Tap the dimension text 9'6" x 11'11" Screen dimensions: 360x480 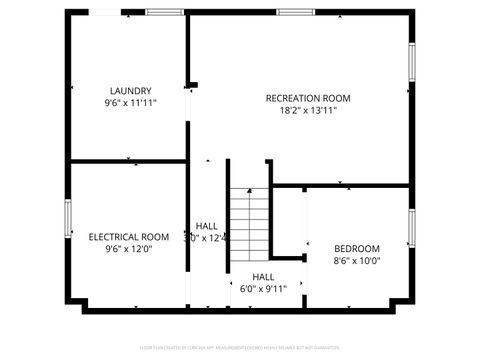(130, 102)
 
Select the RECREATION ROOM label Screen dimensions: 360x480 (308, 98)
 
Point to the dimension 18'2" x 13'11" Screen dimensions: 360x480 (308, 110)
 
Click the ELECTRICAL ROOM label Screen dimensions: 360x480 (128, 237)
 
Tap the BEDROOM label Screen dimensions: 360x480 (357, 249)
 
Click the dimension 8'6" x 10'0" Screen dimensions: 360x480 (357, 261)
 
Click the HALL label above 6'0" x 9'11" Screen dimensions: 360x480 (263, 277)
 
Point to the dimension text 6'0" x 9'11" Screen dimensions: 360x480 (263, 289)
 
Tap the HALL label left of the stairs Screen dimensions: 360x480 (207, 226)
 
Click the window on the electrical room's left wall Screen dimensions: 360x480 (68, 219)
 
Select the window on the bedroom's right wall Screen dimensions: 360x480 (410, 228)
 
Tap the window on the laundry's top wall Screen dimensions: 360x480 (165, 12)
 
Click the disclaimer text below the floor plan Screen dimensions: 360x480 (240, 347)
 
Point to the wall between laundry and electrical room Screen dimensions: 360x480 (128, 161)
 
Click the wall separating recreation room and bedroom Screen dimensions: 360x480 (340, 185)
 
